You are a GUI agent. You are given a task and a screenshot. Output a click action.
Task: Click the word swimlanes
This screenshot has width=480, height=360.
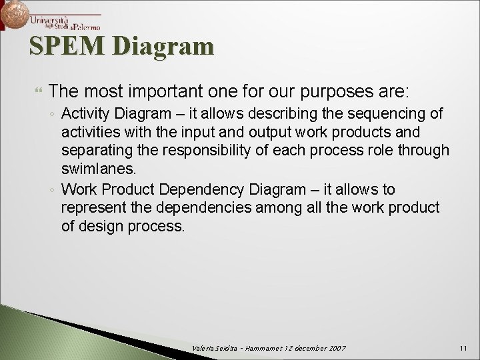[x=97, y=169]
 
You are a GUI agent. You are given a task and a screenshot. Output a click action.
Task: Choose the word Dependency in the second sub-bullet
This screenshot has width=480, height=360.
[x=204, y=189]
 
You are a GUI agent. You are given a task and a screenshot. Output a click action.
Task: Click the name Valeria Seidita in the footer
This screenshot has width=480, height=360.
[x=211, y=349]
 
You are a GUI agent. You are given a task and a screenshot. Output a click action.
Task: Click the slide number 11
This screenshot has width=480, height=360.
[x=464, y=349]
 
